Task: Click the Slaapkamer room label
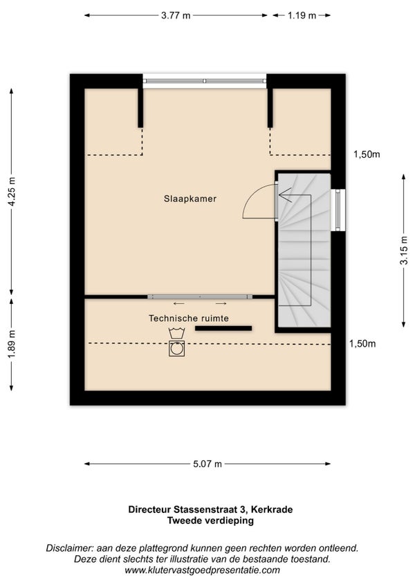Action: [x=190, y=199]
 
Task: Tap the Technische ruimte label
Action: [x=189, y=318]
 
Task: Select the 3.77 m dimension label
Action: [x=176, y=15]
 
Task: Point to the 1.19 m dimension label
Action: [x=302, y=15]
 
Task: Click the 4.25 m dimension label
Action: [x=12, y=191]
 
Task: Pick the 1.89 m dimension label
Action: [x=12, y=344]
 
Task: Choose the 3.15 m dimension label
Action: [x=404, y=251]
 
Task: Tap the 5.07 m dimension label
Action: [x=207, y=464]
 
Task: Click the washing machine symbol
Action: [x=176, y=348]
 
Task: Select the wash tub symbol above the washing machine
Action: [x=176, y=333]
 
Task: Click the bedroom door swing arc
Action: [x=250, y=195]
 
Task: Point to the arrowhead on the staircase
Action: [x=284, y=195]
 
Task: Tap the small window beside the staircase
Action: [x=338, y=210]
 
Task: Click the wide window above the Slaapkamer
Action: [x=205, y=81]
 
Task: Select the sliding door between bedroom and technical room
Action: [x=200, y=296]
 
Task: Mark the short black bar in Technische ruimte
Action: [x=223, y=328]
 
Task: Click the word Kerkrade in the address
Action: [x=272, y=509]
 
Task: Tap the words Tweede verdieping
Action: [x=210, y=521]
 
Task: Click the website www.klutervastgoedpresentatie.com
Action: [x=202, y=570]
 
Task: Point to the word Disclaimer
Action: [x=70, y=548]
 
